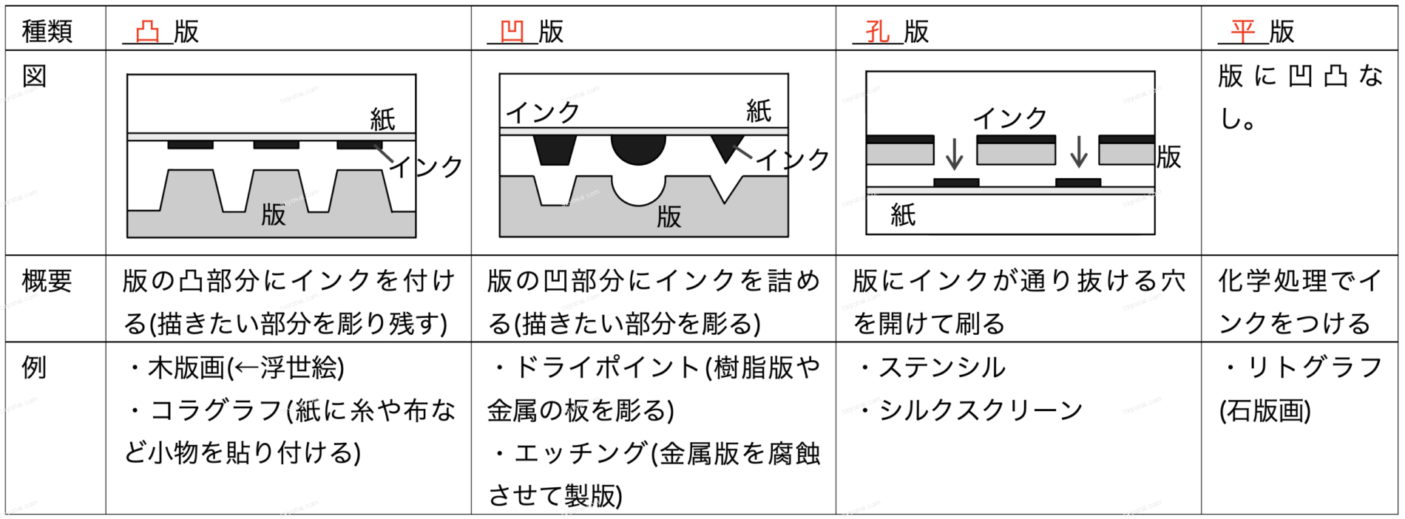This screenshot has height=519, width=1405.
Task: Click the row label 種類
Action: [x=47, y=32]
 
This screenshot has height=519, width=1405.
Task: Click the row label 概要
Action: [x=47, y=282]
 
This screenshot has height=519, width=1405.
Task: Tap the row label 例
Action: [x=35, y=367]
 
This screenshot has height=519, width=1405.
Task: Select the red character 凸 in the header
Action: [x=148, y=32]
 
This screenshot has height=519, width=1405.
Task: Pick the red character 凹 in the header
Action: [x=512, y=32]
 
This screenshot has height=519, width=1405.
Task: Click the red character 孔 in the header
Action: [x=878, y=32]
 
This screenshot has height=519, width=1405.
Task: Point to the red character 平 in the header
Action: [x=1243, y=32]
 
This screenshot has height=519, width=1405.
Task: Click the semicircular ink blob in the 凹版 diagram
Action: [x=638, y=148]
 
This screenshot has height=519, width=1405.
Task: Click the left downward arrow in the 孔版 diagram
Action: [x=955, y=152]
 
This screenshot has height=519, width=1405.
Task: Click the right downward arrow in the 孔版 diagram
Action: [x=1079, y=152]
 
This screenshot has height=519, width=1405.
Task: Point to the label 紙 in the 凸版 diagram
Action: [x=382, y=119]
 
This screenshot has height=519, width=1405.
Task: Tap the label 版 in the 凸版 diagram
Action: [x=274, y=215]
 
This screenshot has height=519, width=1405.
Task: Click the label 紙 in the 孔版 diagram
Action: [x=903, y=215]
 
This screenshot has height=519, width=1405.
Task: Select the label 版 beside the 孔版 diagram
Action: [x=1169, y=157]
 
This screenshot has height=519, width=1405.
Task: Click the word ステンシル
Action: [x=942, y=367]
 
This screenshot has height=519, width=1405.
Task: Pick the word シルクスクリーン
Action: [x=981, y=410]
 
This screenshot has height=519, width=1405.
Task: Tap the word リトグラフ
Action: [x=1315, y=367]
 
